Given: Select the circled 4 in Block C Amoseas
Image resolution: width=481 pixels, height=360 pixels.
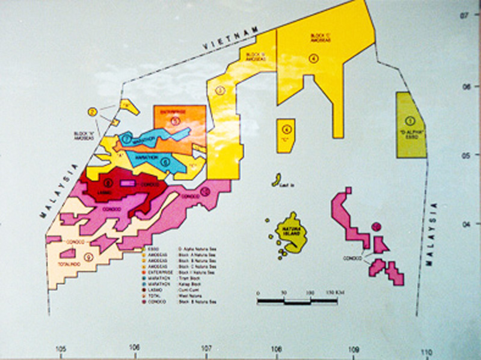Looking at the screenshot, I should pyautogui.click(x=313, y=58).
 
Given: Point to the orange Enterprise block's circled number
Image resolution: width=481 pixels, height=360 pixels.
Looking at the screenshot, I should pyautogui.click(x=175, y=120).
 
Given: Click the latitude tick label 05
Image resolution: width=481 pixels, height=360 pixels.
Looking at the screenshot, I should pyautogui.click(x=464, y=155).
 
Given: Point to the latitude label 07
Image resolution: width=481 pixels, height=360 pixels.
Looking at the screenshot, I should pyautogui.click(x=464, y=14).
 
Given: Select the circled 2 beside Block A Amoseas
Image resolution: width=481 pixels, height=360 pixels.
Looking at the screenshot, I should pyautogui.click(x=92, y=112).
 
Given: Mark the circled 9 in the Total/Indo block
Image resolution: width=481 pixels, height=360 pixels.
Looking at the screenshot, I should pyautogui.click(x=88, y=257).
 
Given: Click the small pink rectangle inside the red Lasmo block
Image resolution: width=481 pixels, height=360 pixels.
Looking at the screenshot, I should pyautogui.click(x=127, y=183).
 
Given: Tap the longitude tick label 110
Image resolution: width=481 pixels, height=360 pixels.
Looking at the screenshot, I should pyautogui.click(x=426, y=352).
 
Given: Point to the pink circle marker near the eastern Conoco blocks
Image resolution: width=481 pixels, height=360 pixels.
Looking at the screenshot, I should pyautogui.click(x=376, y=227).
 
